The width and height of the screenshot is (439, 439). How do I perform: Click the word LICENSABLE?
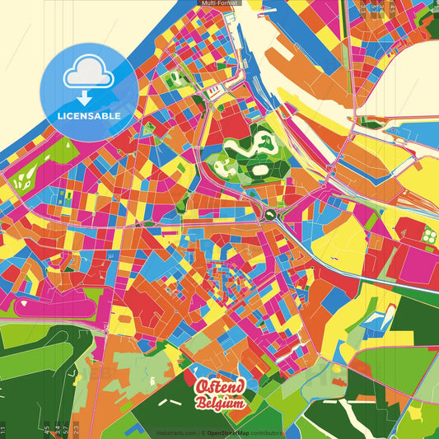point(89,116)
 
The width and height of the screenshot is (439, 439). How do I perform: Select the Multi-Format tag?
point(219,3)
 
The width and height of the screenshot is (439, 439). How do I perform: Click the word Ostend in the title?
point(220,387)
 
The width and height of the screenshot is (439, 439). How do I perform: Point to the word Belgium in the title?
point(219,403)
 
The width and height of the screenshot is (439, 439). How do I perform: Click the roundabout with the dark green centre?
point(269,215)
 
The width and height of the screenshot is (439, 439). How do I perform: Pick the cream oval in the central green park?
point(259,170)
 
